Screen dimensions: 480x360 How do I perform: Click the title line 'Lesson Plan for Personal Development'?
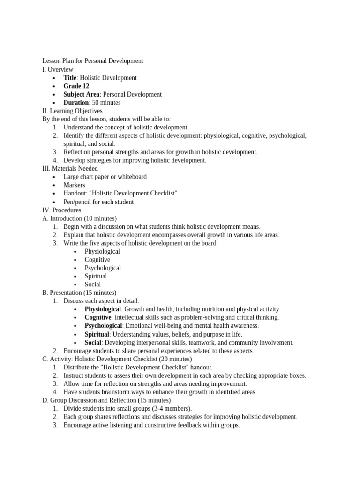point(93,61)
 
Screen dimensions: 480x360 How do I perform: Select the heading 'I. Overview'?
point(58,69)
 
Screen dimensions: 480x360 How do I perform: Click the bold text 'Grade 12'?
point(76,86)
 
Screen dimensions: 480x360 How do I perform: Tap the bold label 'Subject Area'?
point(82,94)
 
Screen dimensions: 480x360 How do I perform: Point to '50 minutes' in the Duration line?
point(106,103)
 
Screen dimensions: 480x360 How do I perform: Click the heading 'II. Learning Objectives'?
point(72,111)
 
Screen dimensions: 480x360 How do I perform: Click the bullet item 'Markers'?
point(75,185)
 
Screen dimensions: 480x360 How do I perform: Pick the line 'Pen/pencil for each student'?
point(98,202)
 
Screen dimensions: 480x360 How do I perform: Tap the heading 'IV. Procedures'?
point(61,210)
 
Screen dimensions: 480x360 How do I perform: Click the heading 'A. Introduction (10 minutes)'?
point(79,218)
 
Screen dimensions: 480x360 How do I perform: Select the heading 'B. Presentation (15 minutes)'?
point(79,292)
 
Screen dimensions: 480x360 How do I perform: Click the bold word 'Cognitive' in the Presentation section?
point(98,317)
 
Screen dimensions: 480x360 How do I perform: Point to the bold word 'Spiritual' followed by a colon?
point(97,334)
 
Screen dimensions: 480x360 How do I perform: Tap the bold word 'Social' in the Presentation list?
point(93,343)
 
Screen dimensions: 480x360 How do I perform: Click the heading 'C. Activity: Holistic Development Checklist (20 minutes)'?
point(117,359)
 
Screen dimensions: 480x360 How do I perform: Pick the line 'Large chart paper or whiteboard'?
point(105,177)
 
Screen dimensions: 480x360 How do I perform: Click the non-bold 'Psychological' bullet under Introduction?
point(103,268)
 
